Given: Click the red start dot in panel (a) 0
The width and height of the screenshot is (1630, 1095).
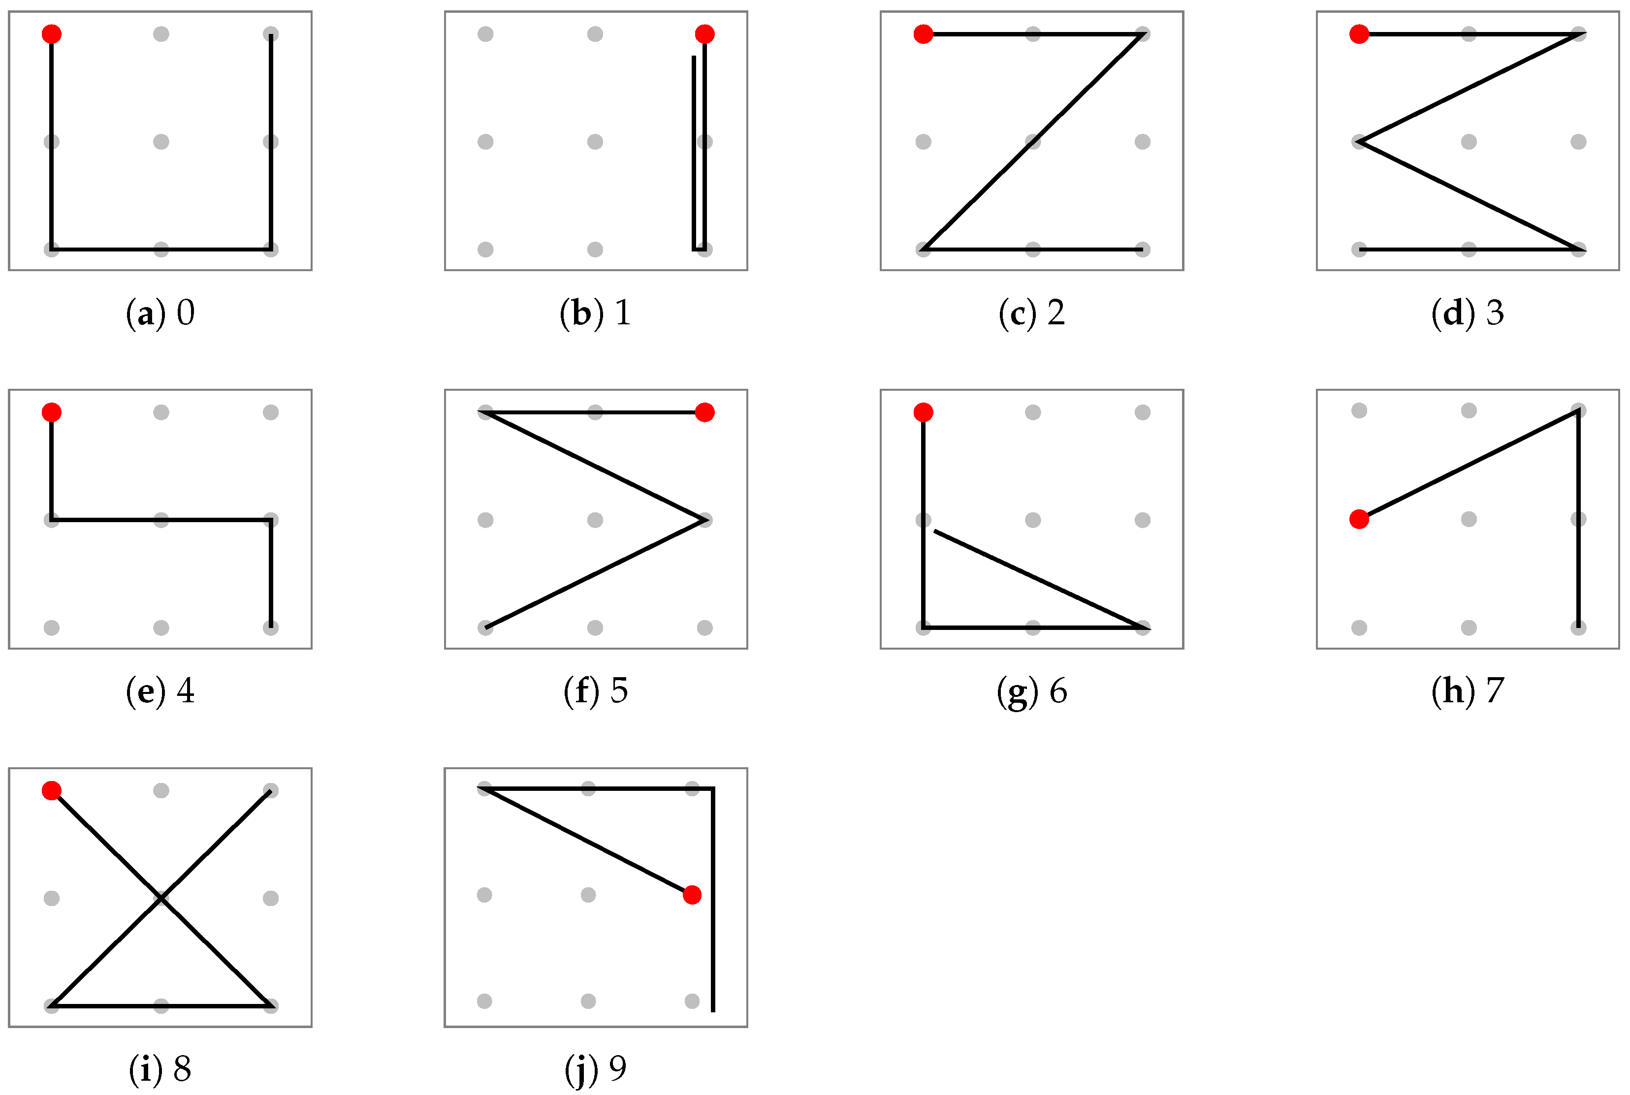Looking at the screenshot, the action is point(52,33).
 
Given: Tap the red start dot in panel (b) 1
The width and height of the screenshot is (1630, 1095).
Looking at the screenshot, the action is point(704,33).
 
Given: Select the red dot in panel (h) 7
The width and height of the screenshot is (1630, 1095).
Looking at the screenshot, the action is point(1359,519).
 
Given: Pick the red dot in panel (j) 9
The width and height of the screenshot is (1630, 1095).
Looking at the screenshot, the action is point(692,895).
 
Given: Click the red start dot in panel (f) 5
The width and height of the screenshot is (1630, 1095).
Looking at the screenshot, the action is point(704,413).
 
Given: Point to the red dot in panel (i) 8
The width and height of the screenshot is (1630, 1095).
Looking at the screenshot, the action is point(52,790).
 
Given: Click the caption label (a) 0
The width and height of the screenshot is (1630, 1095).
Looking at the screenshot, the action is point(160,313).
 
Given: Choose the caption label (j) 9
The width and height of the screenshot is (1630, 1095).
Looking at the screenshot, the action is point(595,1068).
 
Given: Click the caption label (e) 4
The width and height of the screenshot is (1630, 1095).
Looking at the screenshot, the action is point(160,691).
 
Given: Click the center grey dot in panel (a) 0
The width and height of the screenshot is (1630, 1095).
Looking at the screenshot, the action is point(161,142).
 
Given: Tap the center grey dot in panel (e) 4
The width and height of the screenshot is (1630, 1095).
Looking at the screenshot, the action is point(161,520).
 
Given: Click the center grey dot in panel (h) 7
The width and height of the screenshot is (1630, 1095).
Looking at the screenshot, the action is point(1469,519).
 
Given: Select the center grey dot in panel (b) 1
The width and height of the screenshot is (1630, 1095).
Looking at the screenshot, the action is point(595,142).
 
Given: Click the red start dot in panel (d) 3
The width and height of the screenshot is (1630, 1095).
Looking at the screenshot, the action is point(1359,33).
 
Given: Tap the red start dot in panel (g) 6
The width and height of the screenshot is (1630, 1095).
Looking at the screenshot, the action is point(923,413).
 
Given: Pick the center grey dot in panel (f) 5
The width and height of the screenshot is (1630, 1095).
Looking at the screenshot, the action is point(595,520).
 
